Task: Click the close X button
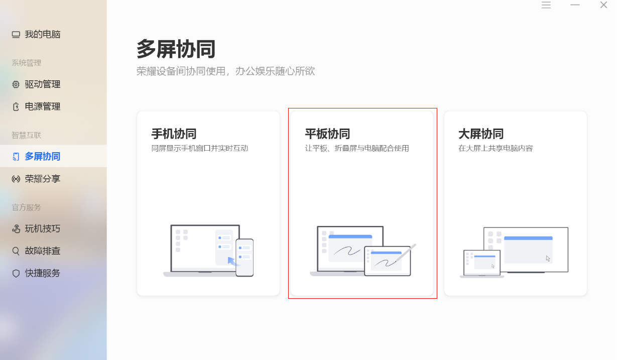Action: [603, 5]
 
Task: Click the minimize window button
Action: [575, 5]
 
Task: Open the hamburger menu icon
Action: [546, 5]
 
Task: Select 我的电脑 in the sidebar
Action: [36, 34]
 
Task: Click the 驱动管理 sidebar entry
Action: [36, 84]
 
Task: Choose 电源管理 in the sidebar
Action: [36, 106]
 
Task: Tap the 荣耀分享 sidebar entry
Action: [36, 179]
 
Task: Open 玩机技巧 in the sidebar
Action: [36, 228]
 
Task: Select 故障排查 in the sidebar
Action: [36, 251]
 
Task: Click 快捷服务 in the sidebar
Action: [36, 273]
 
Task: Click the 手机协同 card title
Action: [174, 134]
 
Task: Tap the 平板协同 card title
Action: [327, 134]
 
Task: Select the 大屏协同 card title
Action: [481, 134]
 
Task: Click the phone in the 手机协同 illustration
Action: [244, 257]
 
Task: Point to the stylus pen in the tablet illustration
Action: [406, 253]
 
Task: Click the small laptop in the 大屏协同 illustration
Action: [482, 264]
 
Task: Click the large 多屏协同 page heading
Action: [176, 49]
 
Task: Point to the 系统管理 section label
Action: [27, 63]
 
